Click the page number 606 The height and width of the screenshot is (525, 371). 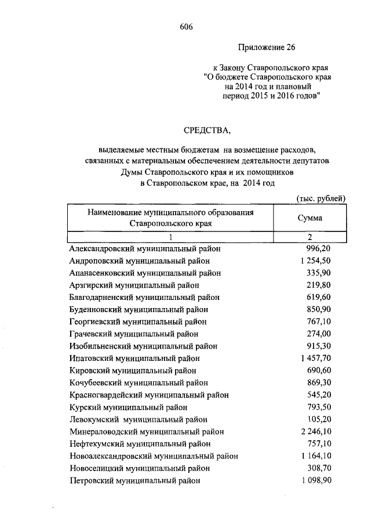(x=185, y=27)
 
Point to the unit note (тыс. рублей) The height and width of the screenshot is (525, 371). (x=321, y=198)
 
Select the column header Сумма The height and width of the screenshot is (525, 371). (x=310, y=218)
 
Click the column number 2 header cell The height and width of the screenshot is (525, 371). (x=310, y=237)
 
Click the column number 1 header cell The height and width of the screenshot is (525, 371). (x=172, y=237)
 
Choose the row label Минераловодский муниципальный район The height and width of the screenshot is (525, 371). (x=146, y=432)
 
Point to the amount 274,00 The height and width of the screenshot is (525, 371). (x=318, y=334)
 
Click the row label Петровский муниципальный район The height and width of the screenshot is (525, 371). (x=135, y=480)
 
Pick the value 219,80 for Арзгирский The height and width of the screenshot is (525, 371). (x=318, y=285)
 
